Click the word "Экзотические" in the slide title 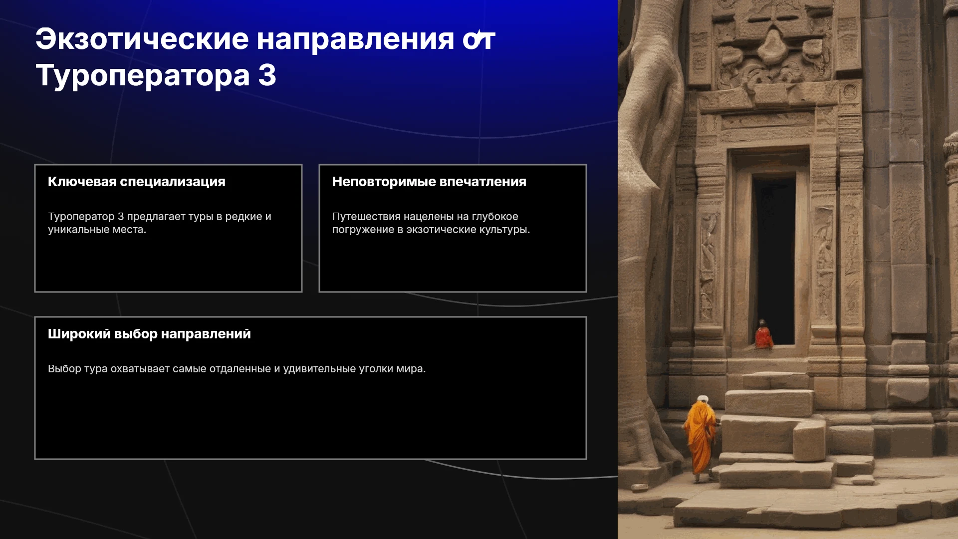142,39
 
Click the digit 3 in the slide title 267,75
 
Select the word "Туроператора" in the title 143,77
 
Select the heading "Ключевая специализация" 137,182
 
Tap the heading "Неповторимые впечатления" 429,182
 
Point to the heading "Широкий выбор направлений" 149,334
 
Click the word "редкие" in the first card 243,217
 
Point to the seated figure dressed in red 763,335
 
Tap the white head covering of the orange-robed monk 703,399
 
